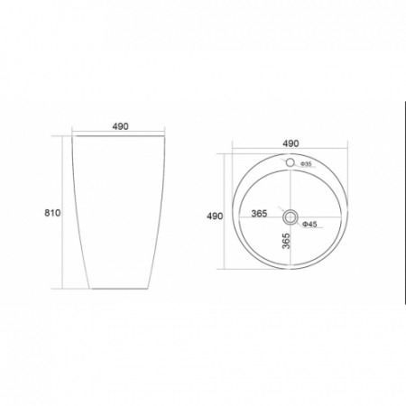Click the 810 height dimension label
tap(52, 213)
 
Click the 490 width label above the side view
tap(120, 126)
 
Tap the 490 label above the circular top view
tap(291, 143)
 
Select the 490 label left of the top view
tap(215, 216)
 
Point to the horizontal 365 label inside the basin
tap(259, 214)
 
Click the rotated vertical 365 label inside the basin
tap(287, 241)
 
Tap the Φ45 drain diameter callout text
tap(309, 224)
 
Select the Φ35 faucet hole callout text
tap(307, 164)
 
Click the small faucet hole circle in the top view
tap(290, 162)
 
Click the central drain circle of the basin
tap(291, 217)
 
